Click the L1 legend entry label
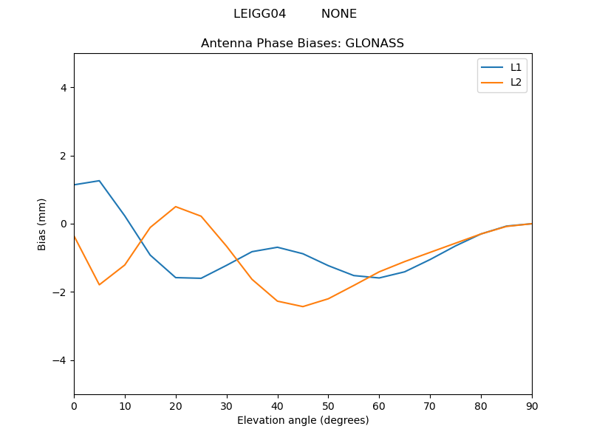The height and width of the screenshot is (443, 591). point(516,67)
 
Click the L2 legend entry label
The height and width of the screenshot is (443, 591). point(516,82)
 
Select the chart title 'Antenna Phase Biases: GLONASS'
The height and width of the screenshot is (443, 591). point(302,44)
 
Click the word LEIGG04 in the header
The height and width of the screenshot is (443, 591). point(259,14)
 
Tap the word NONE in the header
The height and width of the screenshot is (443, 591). point(338,14)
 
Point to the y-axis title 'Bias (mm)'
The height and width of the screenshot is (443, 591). point(42,224)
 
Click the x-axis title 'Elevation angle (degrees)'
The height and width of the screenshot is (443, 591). point(302,420)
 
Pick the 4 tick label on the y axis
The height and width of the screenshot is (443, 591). point(64,88)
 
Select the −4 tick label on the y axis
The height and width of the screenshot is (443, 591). point(61,360)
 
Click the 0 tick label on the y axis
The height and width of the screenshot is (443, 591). point(64,224)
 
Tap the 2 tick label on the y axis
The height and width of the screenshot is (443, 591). point(64,156)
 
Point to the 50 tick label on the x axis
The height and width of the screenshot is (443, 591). point(328,405)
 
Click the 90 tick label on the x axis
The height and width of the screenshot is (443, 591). point(531,405)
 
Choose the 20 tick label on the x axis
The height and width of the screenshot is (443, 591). point(176,405)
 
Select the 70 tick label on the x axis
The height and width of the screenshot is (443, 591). point(430,405)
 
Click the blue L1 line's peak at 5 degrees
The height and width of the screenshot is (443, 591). point(99,181)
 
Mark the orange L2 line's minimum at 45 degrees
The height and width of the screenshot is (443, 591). point(303,306)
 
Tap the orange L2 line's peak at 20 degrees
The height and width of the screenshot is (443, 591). point(176,207)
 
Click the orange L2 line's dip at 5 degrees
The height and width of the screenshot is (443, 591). point(99,285)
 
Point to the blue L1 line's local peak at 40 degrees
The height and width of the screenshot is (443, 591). point(278,247)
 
